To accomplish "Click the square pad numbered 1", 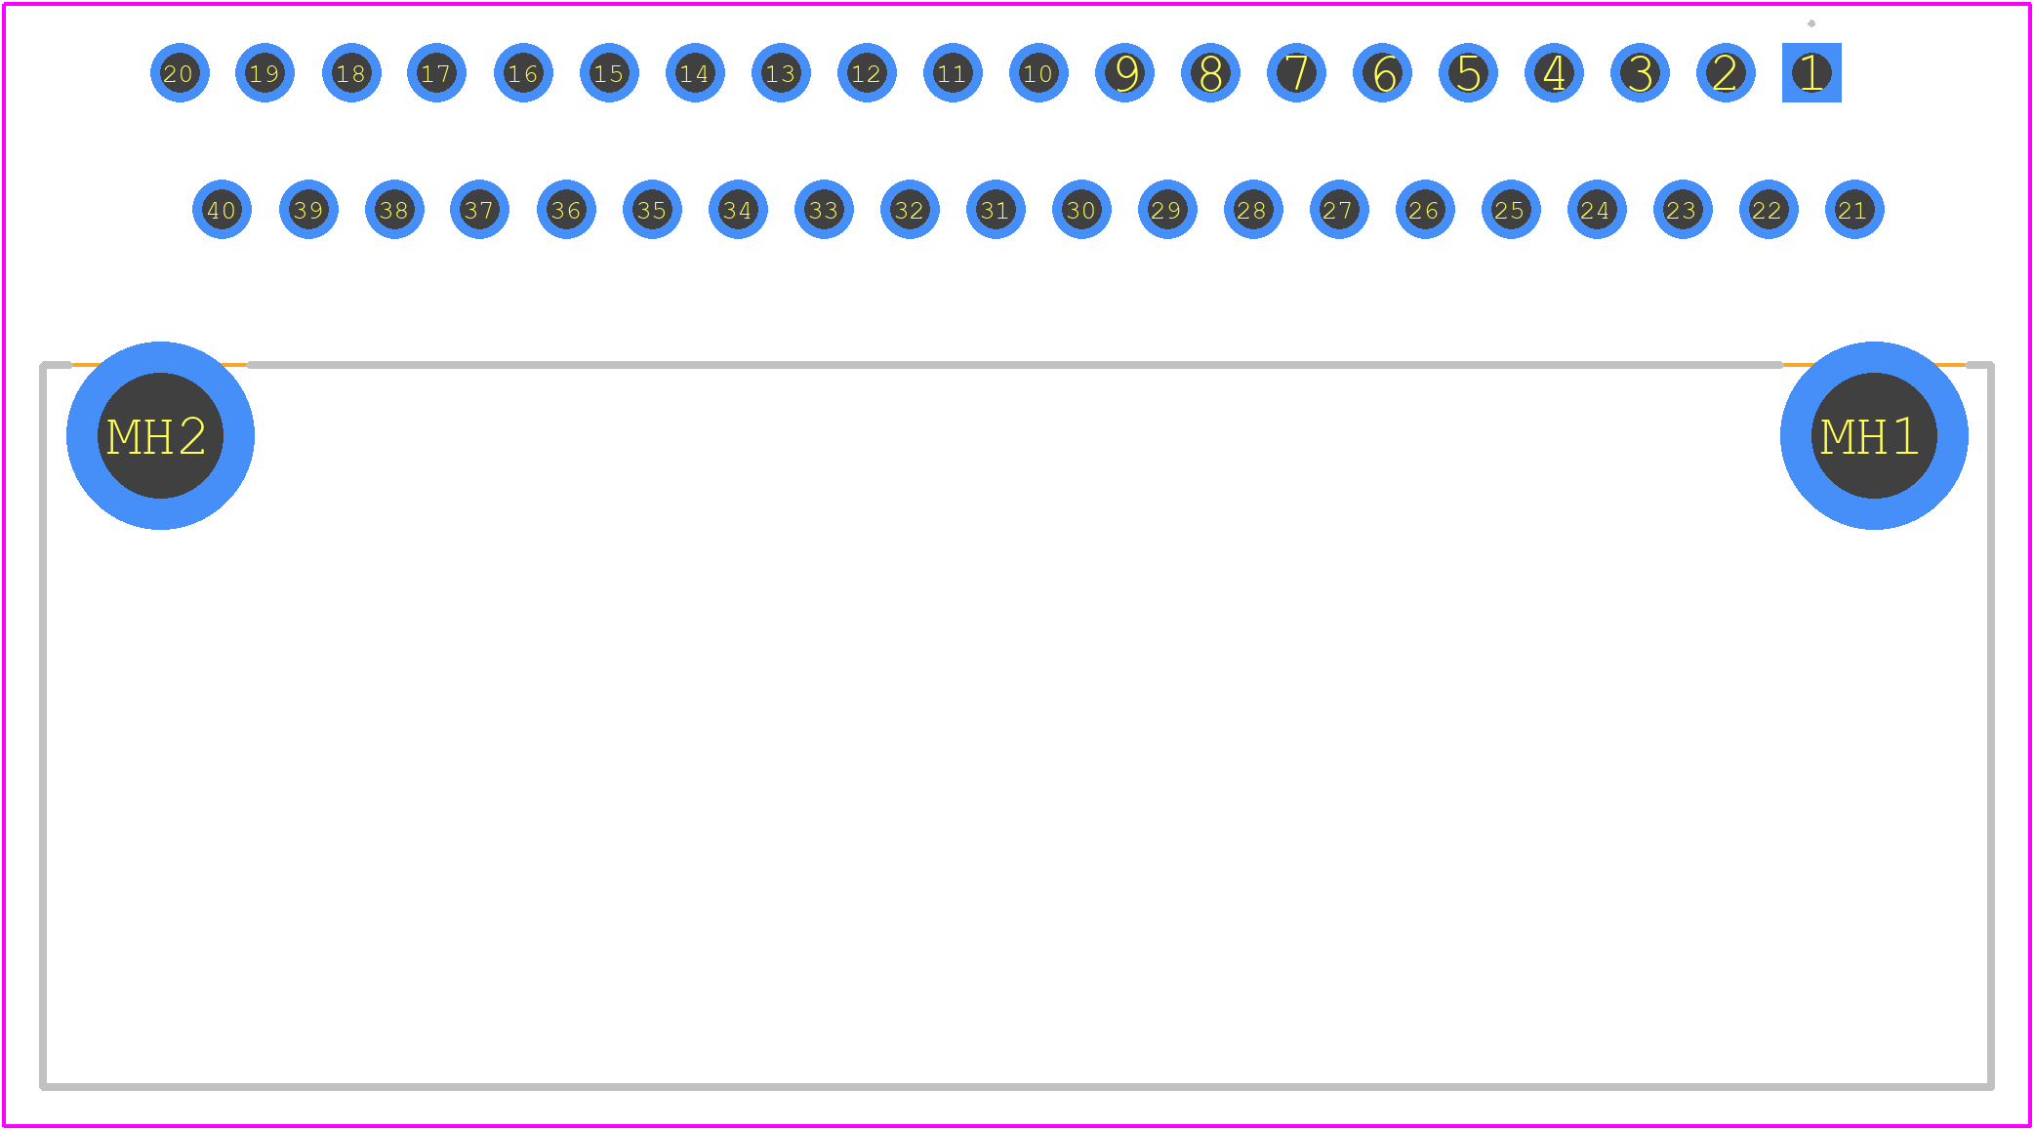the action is point(1811,72).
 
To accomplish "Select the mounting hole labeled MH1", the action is point(1874,435).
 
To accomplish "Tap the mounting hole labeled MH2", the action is point(160,435).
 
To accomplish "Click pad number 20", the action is point(180,72).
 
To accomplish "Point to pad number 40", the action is point(222,209).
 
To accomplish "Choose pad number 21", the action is point(1854,209).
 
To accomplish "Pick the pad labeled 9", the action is point(1124,72).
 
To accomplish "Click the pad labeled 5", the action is point(1468,72).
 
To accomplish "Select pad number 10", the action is point(1038,72).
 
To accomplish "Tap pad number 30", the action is point(1081,209).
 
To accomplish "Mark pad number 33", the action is point(824,209).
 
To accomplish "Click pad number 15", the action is point(609,72).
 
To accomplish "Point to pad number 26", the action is point(1425,209).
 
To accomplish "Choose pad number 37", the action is point(479,209).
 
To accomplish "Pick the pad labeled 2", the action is point(1726,72).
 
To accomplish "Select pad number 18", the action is point(351,72).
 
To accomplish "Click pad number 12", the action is point(867,72).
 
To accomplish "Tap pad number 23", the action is point(1683,209).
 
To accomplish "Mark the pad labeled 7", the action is point(1296,72).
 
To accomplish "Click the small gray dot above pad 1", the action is point(1811,23).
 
